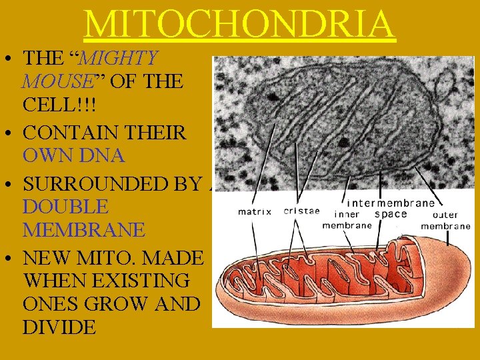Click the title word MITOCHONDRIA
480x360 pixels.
(240, 24)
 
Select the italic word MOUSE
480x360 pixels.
(57, 82)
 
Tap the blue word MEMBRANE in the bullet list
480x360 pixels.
(83, 230)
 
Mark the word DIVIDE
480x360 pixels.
(59, 327)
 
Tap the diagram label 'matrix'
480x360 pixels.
(255, 213)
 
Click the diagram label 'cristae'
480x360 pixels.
(301, 211)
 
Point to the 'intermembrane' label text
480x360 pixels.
(391, 203)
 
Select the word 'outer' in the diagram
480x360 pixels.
(445, 215)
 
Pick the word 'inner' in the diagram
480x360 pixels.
(346, 214)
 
